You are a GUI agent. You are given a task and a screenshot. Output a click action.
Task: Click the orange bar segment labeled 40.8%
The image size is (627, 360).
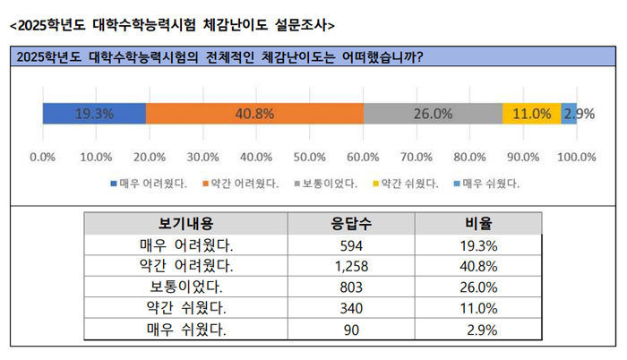254,114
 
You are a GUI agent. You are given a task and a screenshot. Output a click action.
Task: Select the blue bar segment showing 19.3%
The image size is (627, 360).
94,114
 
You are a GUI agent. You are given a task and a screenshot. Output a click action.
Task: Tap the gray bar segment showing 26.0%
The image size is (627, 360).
433,114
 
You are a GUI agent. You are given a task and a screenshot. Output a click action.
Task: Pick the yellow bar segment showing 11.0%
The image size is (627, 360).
532,114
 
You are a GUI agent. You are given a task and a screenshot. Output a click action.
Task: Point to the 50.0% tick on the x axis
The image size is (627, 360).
309,156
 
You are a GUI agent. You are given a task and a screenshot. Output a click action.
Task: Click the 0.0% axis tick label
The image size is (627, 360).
43,156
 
